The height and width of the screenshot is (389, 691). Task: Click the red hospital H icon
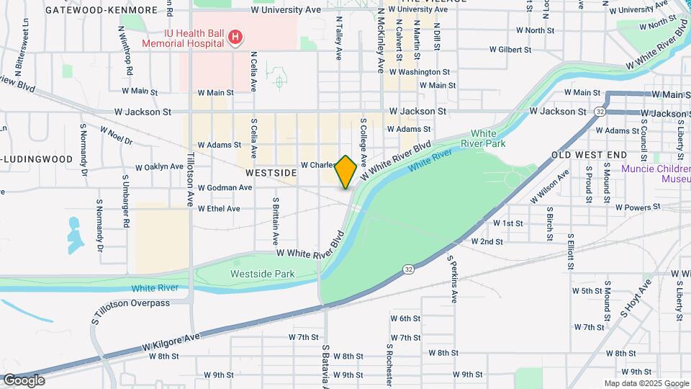[234, 37]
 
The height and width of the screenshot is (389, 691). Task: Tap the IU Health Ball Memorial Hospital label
[182, 37]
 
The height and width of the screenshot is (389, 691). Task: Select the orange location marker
[346, 171]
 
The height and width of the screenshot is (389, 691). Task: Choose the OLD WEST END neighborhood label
[589, 155]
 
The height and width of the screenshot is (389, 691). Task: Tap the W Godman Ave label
[225, 187]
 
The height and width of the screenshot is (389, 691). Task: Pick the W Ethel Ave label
[219, 208]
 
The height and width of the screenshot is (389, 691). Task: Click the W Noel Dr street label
[116, 135]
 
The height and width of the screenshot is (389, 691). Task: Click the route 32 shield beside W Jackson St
[600, 112]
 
